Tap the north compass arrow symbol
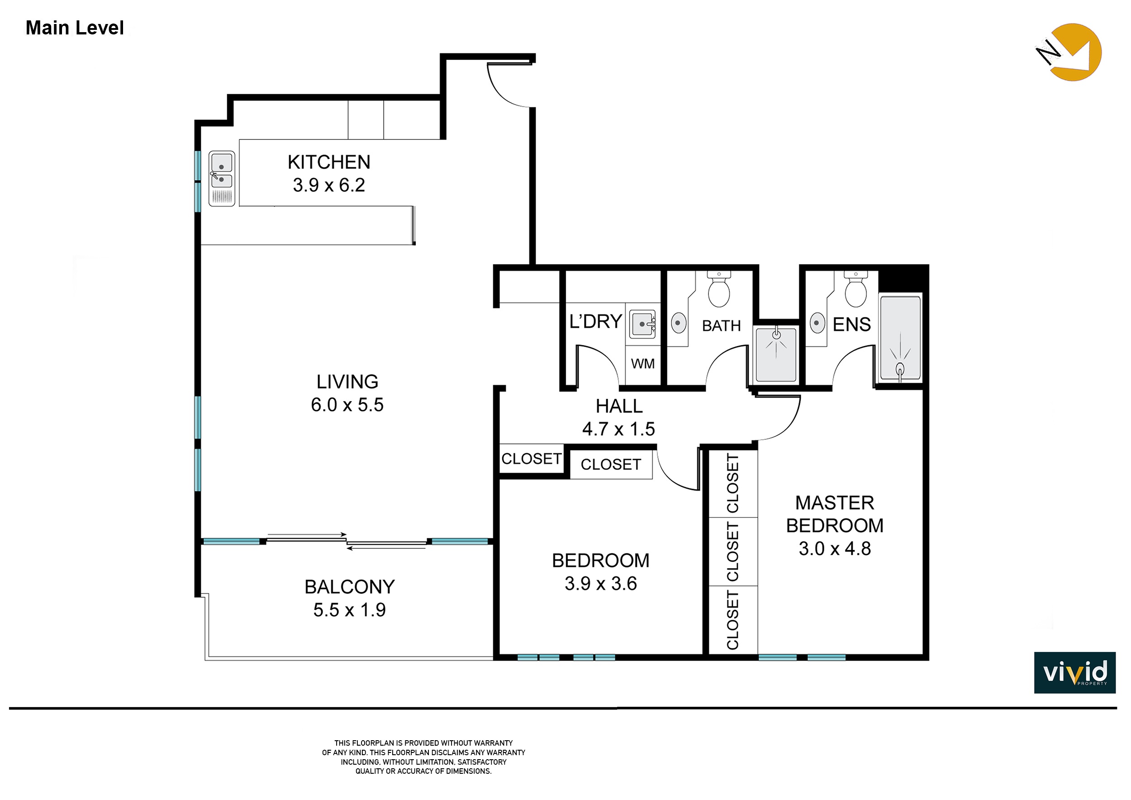pos(1069,52)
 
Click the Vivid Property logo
pos(1075,673)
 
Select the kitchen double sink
pos(222,178)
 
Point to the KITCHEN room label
pos(328,162)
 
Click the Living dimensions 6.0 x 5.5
pos(347,405)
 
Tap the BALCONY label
pos(349,587)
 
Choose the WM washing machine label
pos(643,364)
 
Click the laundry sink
pos(643,324)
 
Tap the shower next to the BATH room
pos(776,354)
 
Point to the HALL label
pos(619,406)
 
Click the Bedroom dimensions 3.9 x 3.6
pos(600,584)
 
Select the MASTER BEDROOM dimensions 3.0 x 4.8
pos(835,549)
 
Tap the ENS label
pos(852,325)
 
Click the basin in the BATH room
pos(679,323)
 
